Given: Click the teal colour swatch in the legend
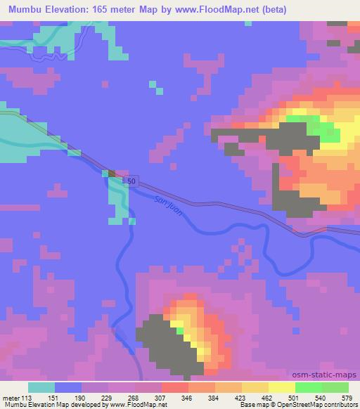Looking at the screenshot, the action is point(41,387).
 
